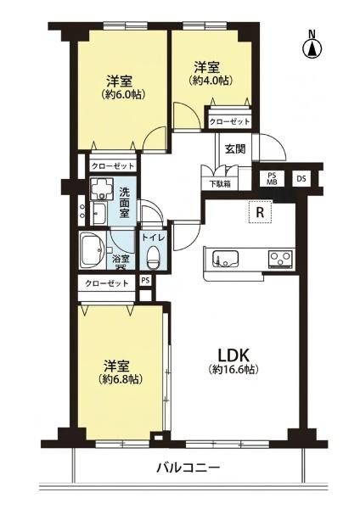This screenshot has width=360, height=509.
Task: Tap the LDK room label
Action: point(233,355)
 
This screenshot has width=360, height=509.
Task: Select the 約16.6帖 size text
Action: point(233,369)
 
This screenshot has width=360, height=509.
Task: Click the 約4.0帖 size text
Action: point(211,81)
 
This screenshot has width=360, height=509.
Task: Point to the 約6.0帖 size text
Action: point(122,94)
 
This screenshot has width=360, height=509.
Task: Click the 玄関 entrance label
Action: point(235,149)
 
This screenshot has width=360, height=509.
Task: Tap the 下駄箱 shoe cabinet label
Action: point(220,184)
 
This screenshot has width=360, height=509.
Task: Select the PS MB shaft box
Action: point(272,178)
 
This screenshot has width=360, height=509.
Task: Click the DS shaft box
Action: point(301,178)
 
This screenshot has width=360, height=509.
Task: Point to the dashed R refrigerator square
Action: point(260,211)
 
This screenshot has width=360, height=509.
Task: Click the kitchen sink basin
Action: point(226,259)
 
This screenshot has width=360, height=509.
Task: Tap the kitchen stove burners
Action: point(280,259)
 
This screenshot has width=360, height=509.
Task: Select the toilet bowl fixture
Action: point(152,257)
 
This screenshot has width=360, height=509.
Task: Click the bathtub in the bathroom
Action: point(93,250)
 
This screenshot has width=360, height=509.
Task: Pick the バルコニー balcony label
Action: point(188,467)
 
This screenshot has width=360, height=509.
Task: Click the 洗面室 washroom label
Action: point(124,202)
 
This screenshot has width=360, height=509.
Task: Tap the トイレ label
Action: point(153,238)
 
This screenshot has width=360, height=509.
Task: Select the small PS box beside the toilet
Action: point(145,280)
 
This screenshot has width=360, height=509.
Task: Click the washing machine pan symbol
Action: point(102,188)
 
